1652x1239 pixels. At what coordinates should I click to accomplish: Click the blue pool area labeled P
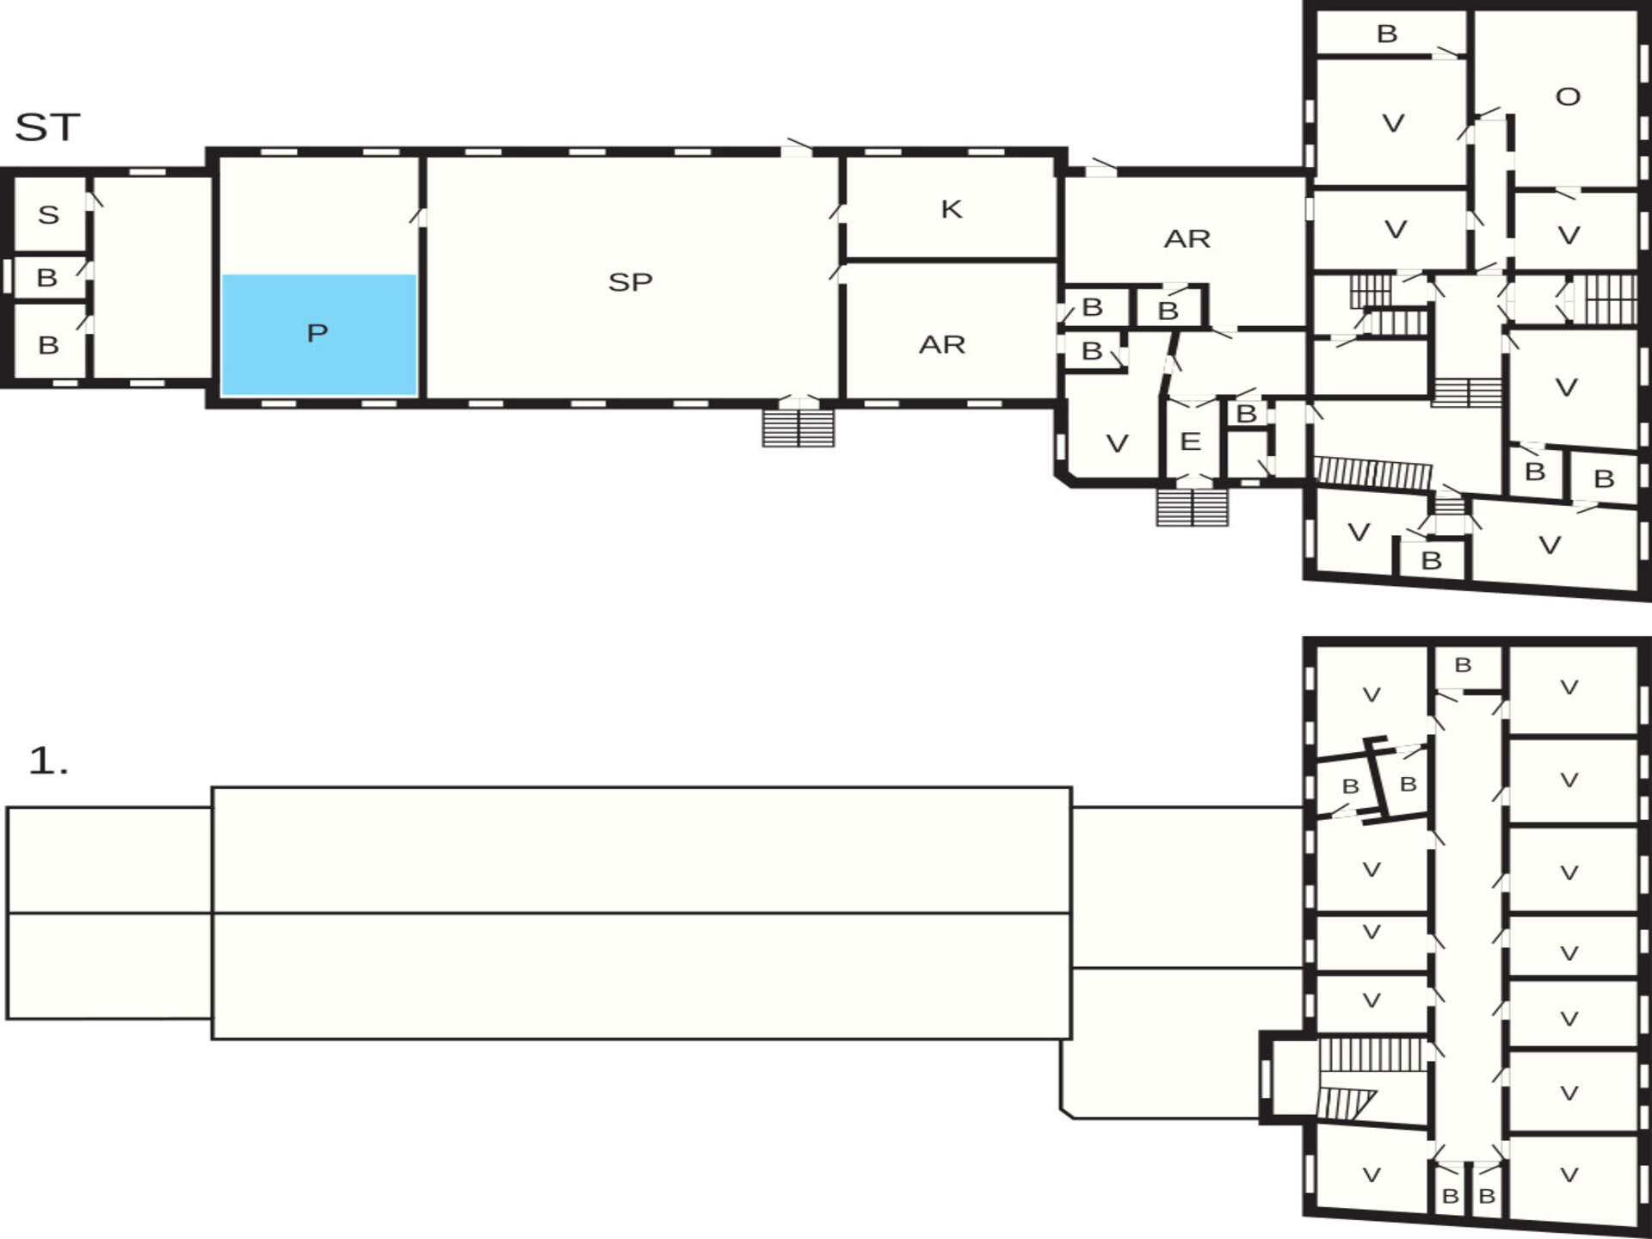coord(319,335)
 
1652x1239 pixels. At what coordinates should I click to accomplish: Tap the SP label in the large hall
coord(630,282)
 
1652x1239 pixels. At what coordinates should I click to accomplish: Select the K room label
coord(951,209)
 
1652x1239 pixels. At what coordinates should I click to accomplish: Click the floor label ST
coord(47,127)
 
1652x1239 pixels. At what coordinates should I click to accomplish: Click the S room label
coord(49,214)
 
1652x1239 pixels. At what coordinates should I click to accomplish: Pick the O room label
coord(1568,96)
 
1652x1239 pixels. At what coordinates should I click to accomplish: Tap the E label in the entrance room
coord(1190,441)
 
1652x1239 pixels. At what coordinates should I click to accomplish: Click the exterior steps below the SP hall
coord(798,428)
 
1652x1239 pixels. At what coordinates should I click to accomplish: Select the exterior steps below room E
coord(1192,507)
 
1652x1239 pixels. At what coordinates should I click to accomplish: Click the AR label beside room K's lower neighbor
coord(942,345)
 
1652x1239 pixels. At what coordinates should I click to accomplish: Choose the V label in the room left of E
coord(1117,444)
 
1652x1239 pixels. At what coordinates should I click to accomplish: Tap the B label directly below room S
coord(47,278)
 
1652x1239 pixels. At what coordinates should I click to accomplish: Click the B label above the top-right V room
coord(1387,34)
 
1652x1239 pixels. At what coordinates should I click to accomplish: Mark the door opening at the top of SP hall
coord(797,151)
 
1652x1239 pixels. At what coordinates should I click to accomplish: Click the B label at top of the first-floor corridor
coord(1463,665)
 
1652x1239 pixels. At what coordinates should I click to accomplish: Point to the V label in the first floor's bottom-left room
coord(1372,1175)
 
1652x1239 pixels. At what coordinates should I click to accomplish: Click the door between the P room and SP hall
coord(422,216)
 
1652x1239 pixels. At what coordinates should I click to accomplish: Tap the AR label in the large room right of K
coord(1187,238)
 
